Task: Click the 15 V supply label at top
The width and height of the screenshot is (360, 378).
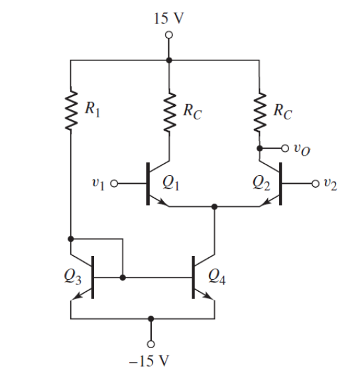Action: (168, 18)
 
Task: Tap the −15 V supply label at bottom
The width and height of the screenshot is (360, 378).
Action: (149, 361)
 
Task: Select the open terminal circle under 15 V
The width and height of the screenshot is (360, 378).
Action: (169, 35)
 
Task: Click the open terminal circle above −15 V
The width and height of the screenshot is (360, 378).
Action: (151, 344)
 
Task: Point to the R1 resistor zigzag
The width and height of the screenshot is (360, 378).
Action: (71, 111)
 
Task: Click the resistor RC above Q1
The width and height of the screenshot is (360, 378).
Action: (170, 112)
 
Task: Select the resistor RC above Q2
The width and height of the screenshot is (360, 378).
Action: (260, 112)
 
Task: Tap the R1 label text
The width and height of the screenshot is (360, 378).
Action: (92, 110)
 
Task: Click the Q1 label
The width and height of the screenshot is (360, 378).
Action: (171, 183)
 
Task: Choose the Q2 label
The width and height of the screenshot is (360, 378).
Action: (261, 183)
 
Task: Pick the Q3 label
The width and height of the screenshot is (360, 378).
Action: (72, 277)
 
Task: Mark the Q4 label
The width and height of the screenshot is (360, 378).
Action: (217, 277)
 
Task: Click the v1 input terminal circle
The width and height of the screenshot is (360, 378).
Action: (114, 184)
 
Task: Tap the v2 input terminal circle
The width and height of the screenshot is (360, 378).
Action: (316, 184)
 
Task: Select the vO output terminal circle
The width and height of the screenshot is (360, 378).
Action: (285, 149)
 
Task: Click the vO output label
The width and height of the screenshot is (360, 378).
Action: (302, 150)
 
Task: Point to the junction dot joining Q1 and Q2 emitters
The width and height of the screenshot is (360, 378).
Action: (214, 207)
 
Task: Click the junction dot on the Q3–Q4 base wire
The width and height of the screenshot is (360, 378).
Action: (123, 278)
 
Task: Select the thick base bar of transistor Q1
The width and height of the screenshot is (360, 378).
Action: (148, 184)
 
